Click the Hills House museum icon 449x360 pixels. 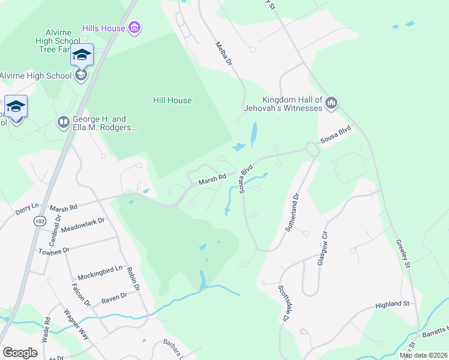(x=135, y=28)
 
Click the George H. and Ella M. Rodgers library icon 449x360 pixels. (x=63, y=123)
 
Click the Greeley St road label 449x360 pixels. (x=402, y=254)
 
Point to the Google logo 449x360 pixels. (x=20, y=353)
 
